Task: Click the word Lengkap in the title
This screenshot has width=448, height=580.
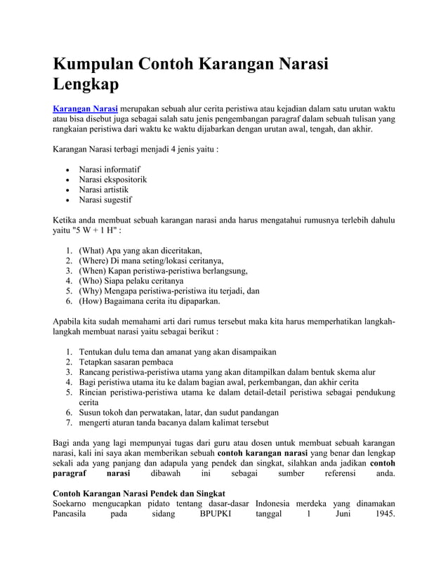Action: (x=86, y=86)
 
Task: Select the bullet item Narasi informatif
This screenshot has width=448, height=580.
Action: (x=110, y=169)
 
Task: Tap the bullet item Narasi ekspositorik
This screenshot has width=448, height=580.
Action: (x=112, y=180)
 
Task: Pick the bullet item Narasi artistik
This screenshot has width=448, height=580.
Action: (x=104, y=190)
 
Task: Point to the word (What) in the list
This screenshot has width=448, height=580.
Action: (x=92, y=251)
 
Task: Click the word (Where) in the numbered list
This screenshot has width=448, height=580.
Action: (x=95, y=261)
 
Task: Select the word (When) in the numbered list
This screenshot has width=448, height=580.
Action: (x=93, y=270)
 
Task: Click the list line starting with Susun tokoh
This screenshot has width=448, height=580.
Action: (x=179, y=413)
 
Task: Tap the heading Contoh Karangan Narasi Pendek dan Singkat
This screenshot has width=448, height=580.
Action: (x=139, y=494)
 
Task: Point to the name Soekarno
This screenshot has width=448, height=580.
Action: (x=74, y=504)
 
